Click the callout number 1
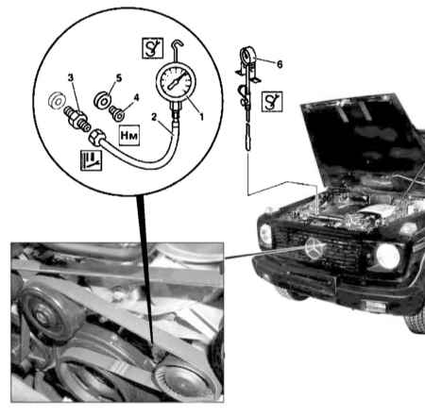[x=201, y=117]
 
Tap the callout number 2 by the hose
[x=154, y=117]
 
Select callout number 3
[x=71, y=77]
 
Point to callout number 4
[x=136, y=97]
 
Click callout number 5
[x=119, y=78]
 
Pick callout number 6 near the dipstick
[x=280, y=64]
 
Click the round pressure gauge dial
[x=176, y=81]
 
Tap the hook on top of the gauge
[x=177, y=47]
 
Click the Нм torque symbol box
[x=129, y=136]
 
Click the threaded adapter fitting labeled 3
[x=77, y=119]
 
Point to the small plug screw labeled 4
[x=116, y=113]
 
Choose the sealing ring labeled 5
[x=103, y=100]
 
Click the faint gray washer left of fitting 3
[x=57, y=100]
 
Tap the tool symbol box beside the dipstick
[x=272, y=102]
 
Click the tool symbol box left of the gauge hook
[x=153, y=48]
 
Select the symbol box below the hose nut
[x=91, y=160]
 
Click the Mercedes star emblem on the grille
[x=314, y=248]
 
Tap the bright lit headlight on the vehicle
[x=388, y=256]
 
